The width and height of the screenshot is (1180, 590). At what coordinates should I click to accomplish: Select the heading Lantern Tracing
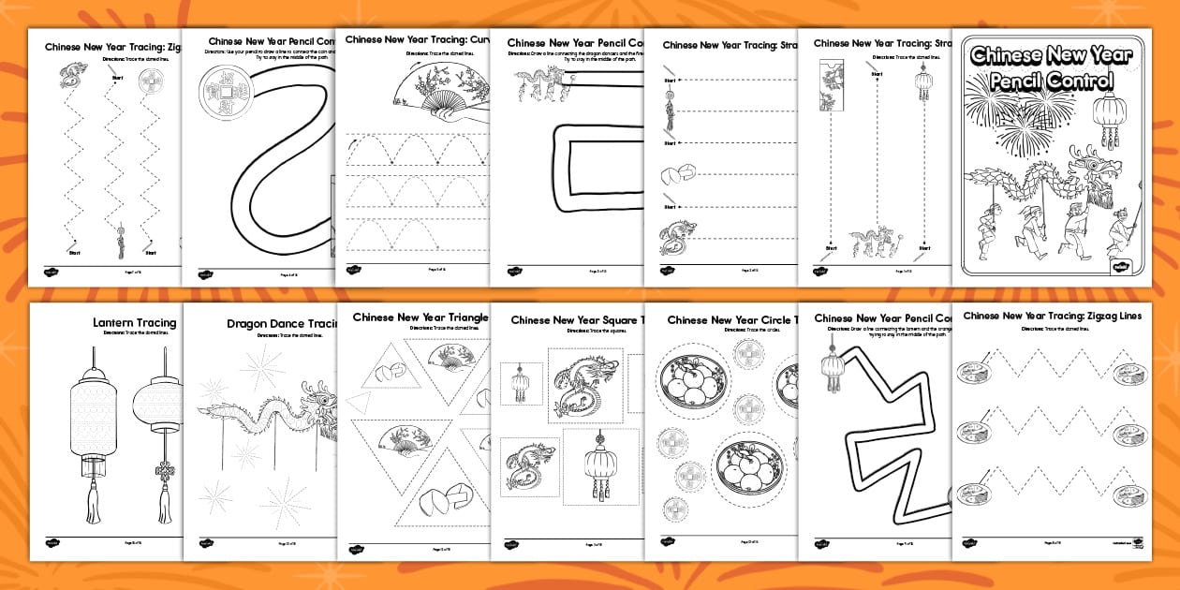coord(134,323)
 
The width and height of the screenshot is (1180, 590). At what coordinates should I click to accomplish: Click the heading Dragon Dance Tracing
coord(281,324)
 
